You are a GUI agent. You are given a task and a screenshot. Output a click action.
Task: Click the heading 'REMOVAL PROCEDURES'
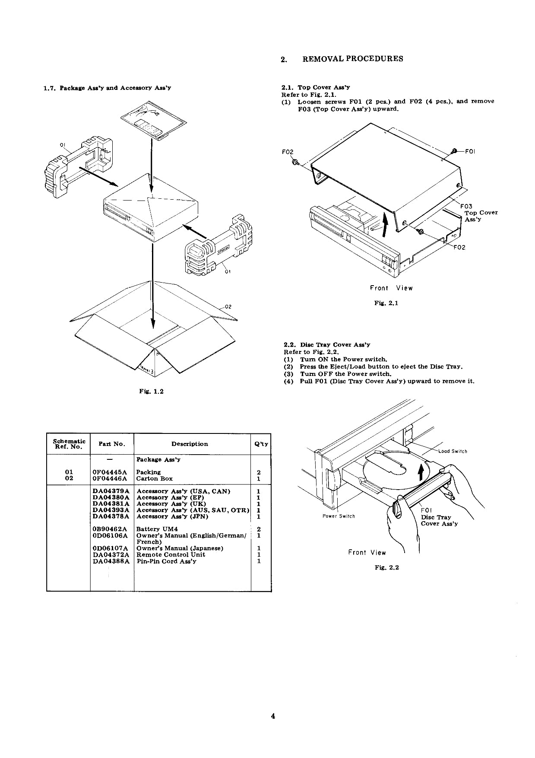[353, 59]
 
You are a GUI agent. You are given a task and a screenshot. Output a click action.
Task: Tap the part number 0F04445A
[110, 472]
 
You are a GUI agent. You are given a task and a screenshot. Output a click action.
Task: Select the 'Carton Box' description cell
[154, 478]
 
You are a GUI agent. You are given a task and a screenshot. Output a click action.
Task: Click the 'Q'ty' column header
[261, 444]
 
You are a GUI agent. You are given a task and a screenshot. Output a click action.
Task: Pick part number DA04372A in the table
[111, 554]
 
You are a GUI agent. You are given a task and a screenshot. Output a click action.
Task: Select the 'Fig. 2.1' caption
[386, 303]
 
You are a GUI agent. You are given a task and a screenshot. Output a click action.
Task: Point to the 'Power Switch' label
[339, 516]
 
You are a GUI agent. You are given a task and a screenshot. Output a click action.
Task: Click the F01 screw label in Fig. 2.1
[470, 151]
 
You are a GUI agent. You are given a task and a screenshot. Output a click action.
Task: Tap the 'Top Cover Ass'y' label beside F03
[481, 216]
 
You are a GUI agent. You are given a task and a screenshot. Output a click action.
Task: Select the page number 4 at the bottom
[273, 717]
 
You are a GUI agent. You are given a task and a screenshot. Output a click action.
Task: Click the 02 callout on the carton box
[229, 306]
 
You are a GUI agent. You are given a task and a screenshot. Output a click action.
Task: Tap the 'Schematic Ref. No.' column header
[69, 444]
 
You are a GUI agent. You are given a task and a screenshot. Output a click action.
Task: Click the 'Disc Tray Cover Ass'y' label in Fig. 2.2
[439, 520]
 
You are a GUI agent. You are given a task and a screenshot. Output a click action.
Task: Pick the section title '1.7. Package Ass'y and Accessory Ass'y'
[108, 88]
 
